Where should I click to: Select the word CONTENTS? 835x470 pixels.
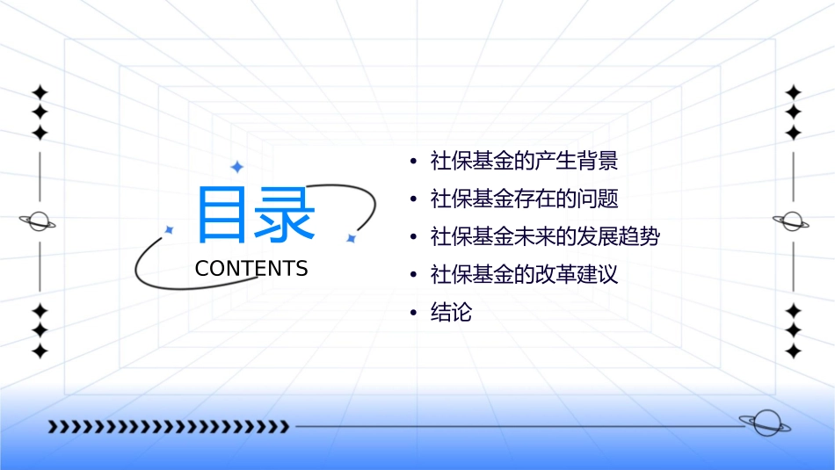click(251, 269)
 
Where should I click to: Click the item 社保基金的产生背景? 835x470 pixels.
click(524, 162)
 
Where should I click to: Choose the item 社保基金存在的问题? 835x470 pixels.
click(524, 199)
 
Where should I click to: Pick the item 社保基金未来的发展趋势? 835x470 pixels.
click(544, 237)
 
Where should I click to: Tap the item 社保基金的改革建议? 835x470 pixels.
click(524, 275)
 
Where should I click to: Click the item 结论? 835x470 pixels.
click(451, 313)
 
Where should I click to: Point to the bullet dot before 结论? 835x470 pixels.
click(414, 314)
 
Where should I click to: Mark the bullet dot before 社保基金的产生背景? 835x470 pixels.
click(414, 163)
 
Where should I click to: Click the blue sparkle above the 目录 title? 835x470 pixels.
click(236, 167)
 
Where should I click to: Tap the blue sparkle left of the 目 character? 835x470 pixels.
click(170, 229)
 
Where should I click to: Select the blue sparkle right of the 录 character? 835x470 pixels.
click(350, 238)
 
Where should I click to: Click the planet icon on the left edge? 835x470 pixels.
click(38, 221)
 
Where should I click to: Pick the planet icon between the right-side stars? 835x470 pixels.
click(792, 221)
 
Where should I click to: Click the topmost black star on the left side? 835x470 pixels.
click(39, 92)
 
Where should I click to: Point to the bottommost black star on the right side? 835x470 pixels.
click(793, 351)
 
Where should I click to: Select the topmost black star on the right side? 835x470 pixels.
click(793, 92)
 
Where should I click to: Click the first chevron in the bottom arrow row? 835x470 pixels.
click(53, 427)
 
